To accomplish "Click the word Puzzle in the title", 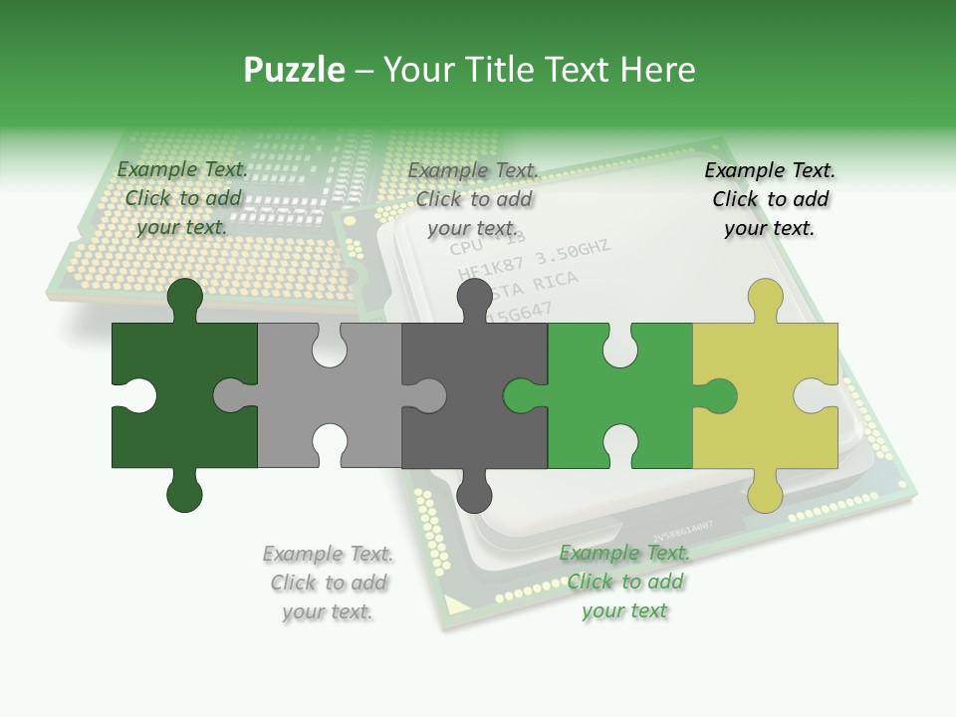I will click(294, 70).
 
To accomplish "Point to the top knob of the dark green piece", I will click(184, 298).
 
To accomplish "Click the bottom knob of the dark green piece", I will click(184, 492).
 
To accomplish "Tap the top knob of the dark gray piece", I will click(475, 298).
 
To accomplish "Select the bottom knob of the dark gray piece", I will click(475, 492).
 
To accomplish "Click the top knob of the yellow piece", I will click(765, 298).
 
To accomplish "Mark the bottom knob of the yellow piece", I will click(765, 492).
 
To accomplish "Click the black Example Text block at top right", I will click(770, 199).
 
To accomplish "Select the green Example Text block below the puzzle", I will click(624, 582).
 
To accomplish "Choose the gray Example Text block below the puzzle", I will click(328, 583).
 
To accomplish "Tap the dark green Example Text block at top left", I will click(182, 198).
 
